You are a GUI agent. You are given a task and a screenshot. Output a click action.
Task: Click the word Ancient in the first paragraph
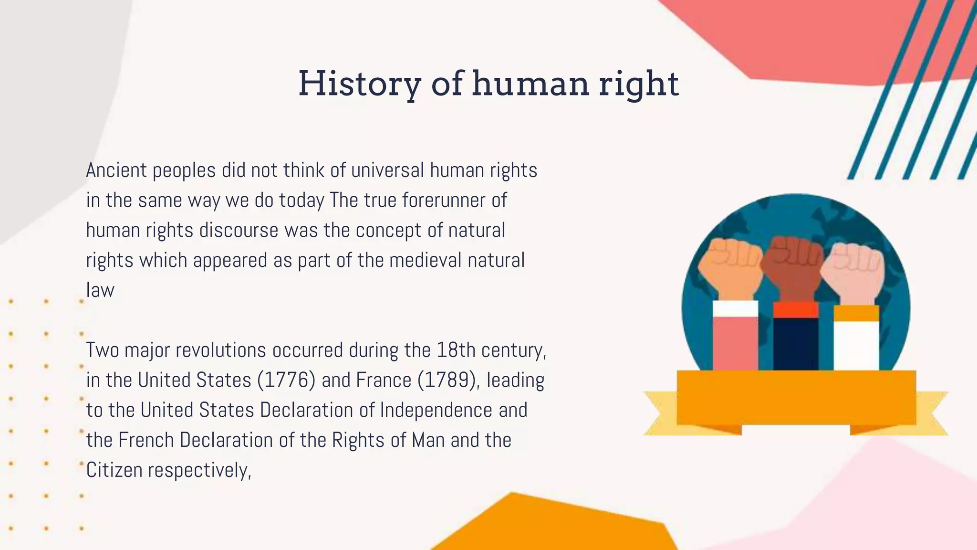click(x=116, y=170)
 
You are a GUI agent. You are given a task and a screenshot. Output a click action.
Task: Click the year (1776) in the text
click(x=286, y=381)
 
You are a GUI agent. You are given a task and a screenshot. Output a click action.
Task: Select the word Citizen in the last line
click(x=114, y=471)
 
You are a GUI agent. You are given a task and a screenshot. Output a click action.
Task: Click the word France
click(x=384, y=381)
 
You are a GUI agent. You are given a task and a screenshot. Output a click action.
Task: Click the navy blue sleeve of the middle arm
click(x=796, y=344)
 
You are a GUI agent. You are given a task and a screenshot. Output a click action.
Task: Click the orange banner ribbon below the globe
click(x=796, y=398)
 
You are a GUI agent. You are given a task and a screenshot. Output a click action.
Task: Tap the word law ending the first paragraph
click(x=100, y=290)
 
